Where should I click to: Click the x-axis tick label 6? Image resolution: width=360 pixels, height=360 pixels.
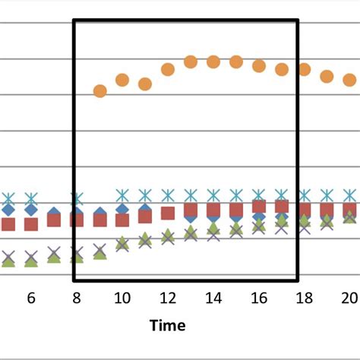tap(31, 298)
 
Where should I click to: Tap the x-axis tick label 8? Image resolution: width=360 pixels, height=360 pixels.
tap(77, 298)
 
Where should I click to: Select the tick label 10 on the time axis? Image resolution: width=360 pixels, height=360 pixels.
tap(122, 298)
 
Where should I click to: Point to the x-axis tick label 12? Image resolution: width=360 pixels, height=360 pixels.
tap(168, 298)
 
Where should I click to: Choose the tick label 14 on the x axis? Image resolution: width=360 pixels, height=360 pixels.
tap(213, 298)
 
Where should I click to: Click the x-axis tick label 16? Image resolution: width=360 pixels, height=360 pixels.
tap(259, 298)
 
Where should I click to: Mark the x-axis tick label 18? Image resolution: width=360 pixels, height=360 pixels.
tap(305, 298)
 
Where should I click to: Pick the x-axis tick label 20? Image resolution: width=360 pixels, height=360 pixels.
tap(349, 298)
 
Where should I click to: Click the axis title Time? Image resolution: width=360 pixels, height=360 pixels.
tap(168, 326)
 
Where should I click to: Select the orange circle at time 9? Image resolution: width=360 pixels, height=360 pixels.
tap(99, 91)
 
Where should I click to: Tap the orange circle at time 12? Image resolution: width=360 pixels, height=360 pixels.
tap(168, 70)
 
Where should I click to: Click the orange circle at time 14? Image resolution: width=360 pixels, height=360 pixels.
tap(213, 62)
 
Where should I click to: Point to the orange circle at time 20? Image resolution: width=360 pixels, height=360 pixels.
tap(349, 79)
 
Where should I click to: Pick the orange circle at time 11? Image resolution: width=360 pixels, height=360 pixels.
tap(145, 84)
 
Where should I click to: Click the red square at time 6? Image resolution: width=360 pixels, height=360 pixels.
tap(31, 224)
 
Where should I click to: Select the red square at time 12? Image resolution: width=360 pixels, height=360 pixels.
tap(168, 213)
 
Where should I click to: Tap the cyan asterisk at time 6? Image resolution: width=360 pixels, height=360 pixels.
tap(31, 199)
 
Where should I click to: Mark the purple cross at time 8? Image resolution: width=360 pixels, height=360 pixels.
tap(77, 252)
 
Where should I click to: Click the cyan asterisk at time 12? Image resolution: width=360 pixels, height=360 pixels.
tap(168, 196)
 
